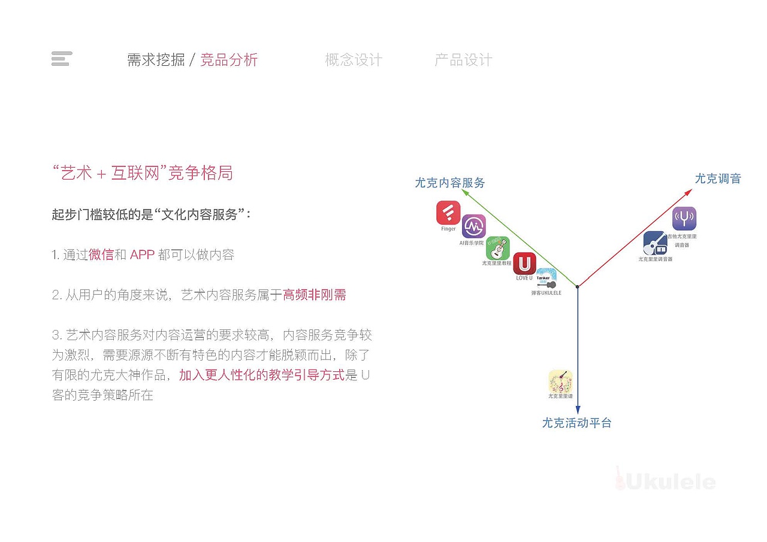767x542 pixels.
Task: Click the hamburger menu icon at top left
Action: [x=62, y=59]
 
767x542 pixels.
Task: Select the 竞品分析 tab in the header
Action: [x=229, y=60]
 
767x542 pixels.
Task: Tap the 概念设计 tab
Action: [x=354, y=60]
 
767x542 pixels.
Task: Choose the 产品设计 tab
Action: [x=463, y=60]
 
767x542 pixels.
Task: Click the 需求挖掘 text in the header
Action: [x=156, y=60]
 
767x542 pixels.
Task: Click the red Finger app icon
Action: [x=448, y=213]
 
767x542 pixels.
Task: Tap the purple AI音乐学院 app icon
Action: [x=473, y=226]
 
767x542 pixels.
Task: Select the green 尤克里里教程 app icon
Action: [x=498, y=248]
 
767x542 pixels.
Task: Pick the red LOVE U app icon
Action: [x=524, y=264]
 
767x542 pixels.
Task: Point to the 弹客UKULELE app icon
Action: [x=546, y=278]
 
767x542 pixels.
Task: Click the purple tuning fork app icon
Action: [x=684, y=219]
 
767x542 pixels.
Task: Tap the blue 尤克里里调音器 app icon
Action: [x=656, y=243]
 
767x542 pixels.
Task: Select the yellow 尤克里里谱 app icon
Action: [x=561, y=381]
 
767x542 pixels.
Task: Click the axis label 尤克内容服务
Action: [x=450, y=183]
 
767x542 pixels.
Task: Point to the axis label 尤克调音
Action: [x=718, y=178]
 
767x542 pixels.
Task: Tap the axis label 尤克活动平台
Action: [x=576, y=423]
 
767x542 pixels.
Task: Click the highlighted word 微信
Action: [x=101, y=255]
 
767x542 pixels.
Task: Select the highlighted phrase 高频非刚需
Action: [x=315, y=295]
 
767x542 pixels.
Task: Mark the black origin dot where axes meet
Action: [x=578, y=287]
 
